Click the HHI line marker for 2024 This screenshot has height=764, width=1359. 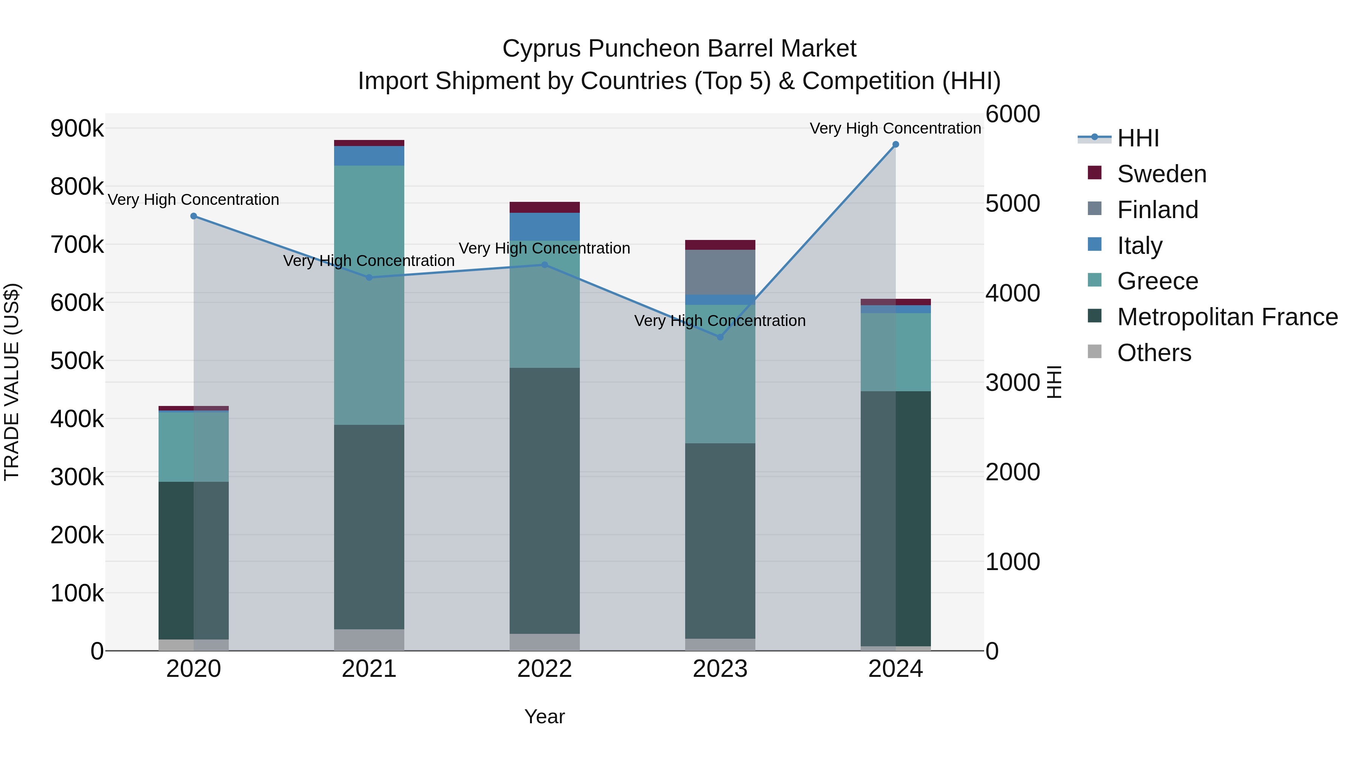click(895, 144)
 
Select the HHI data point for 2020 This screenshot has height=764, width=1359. click(194, 216)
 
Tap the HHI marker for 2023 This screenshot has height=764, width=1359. click(720, 337)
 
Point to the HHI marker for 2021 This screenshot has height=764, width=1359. click(369, 277)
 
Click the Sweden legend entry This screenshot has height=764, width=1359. click(1161, 174)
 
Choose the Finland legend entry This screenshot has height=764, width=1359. click(1157, 210)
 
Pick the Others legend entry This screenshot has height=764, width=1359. click(1154, 353)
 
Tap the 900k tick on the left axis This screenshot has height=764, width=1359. click(77, 128)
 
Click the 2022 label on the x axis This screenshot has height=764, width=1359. click(544, 669)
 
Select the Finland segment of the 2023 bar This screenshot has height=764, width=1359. click(720, 272)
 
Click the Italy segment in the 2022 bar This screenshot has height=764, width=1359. click(544, 227)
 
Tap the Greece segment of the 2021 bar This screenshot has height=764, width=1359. click(369, 295)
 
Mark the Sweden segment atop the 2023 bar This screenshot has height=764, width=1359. click(720, 244)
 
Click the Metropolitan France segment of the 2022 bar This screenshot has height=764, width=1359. click(544, 501)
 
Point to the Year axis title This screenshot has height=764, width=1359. click(544, 716)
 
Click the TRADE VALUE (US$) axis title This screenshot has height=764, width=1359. click(12, 382)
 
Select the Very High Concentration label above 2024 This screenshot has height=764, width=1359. click(895, 128)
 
